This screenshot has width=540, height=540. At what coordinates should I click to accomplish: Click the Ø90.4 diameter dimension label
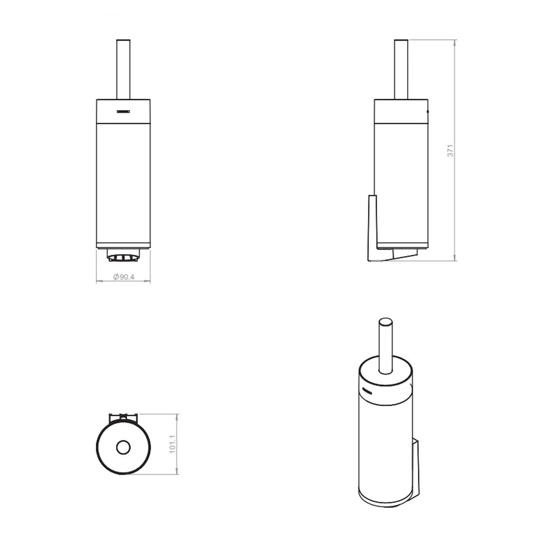(124, 277)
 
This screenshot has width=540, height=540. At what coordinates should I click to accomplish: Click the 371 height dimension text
(450, 151)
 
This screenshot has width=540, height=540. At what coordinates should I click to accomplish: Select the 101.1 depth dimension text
(173, 444)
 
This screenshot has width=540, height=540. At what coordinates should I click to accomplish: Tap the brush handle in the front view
(123, 70)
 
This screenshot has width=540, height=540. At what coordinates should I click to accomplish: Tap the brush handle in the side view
(401, 70)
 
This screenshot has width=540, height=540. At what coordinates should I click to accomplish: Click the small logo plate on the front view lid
(123, 112)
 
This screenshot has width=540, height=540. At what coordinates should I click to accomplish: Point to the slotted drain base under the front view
(124, 255)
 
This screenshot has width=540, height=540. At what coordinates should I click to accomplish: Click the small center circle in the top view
(123, 448)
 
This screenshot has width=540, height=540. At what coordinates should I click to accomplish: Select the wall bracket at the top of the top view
(123, 417)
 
